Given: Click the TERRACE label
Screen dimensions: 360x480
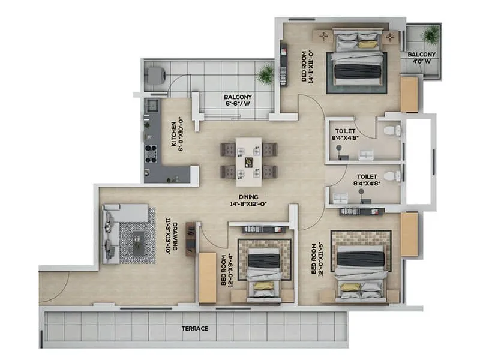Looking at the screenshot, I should coord(196,329).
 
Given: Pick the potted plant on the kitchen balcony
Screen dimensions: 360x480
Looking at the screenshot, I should coord(265,74).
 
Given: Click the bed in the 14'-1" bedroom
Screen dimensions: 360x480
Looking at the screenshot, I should coord(358,59).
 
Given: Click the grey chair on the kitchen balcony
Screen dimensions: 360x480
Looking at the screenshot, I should coord(155,75).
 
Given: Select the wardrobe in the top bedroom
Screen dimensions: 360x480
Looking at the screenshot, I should coord(409,94).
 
